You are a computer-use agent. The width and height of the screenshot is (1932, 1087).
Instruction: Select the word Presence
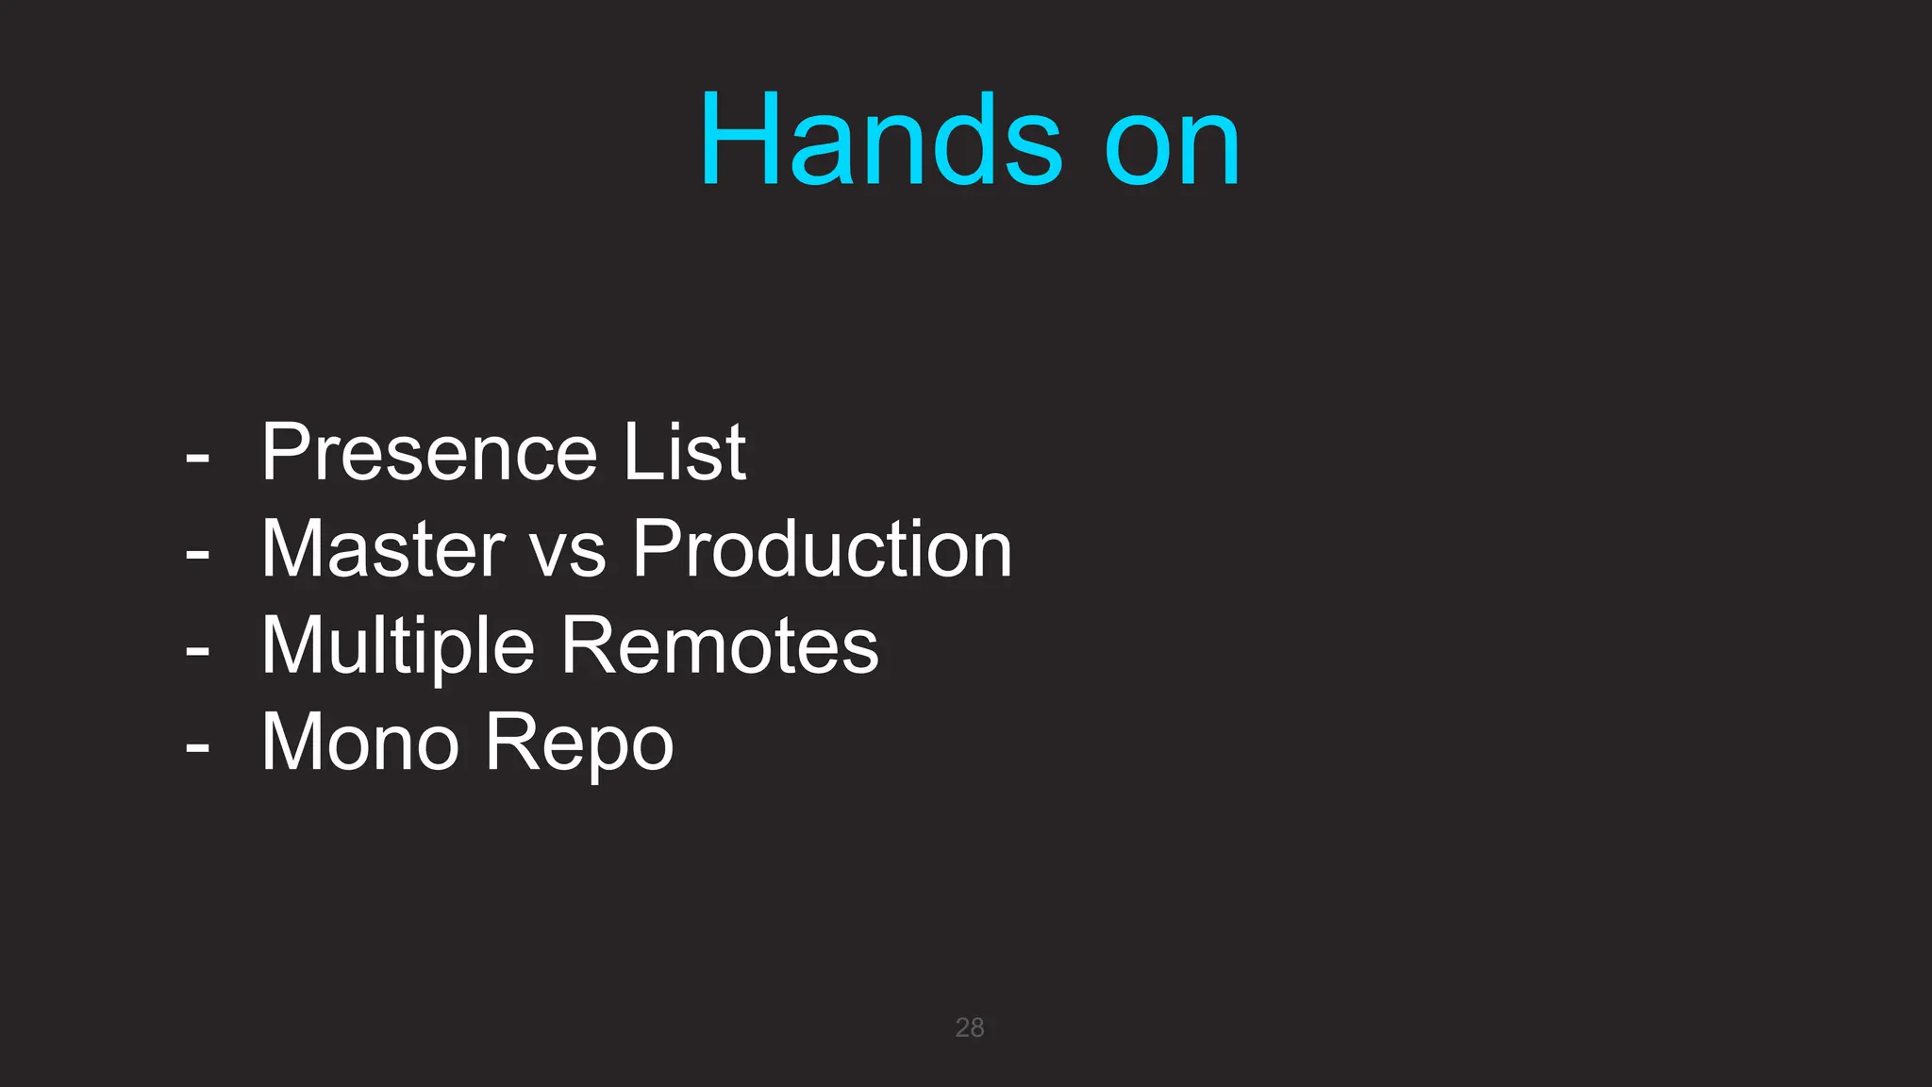[429, 452]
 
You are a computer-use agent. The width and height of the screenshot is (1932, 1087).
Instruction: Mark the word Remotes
[721, 645]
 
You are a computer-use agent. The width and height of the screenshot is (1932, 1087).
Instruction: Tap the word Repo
[579, 745]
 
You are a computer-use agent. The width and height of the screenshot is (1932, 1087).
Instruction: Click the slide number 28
[969, 1027]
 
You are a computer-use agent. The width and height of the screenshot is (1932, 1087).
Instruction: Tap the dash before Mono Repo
[197, 748]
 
